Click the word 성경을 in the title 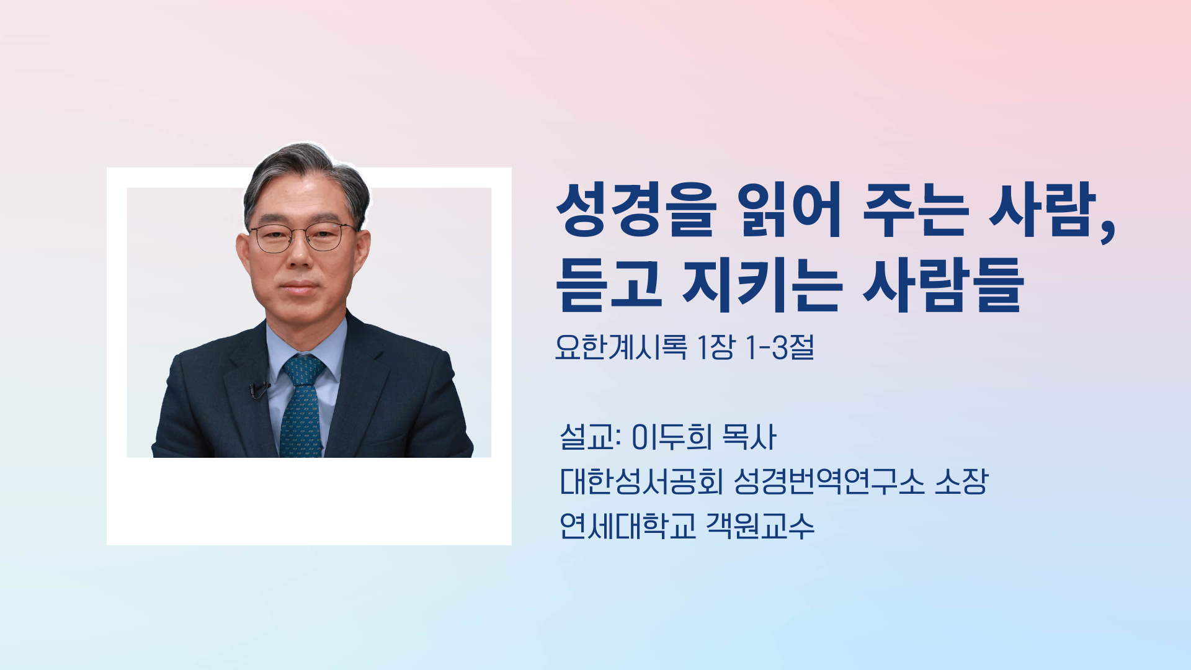[x=636, y=210]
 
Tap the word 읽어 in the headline [x=790, y=210]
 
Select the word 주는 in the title [x=915, y=210]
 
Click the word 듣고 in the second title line [x=609, y=285]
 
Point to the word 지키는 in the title [x=762, y=285]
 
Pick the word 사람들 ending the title [x=943, y=285]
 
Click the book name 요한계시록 [x=621, y=347]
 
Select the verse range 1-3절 [x=780, y=347]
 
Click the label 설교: [x=590, y=437]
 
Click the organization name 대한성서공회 [x=641, y=481]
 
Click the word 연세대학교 [x=628, y=526]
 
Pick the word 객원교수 [x=760, y=526]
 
